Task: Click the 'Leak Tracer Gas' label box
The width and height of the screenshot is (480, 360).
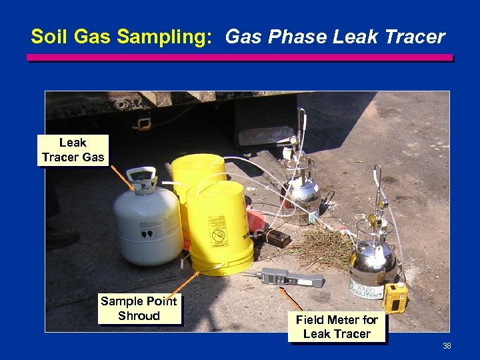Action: (73, 150)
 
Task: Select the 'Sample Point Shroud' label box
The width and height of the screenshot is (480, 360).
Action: (139, 309)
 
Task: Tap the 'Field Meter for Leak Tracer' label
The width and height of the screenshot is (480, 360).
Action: (337, 327)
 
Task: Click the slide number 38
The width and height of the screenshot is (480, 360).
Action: (447, 346)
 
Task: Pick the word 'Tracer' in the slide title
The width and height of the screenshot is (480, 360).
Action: (417, 37)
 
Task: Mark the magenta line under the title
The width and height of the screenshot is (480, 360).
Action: (239, 58)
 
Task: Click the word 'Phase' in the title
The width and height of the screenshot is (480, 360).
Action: (295, 37)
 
